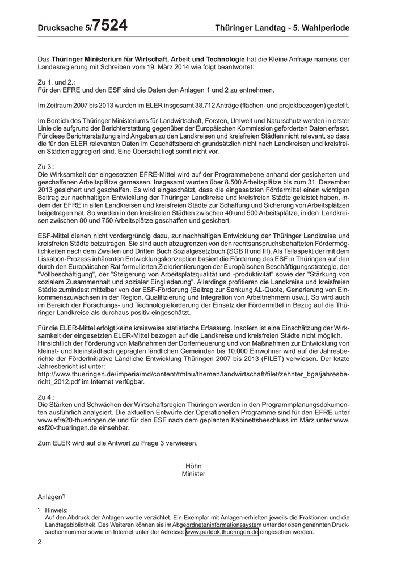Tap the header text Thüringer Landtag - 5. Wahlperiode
pos(282,28)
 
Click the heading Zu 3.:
pos(47,166)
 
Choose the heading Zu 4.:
pos(47,396)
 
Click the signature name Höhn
pos(193,465)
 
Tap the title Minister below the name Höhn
pos(193,473)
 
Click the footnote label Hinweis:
pos(56,510)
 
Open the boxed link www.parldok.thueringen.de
pos(222,532)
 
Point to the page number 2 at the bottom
pos(40,543)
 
